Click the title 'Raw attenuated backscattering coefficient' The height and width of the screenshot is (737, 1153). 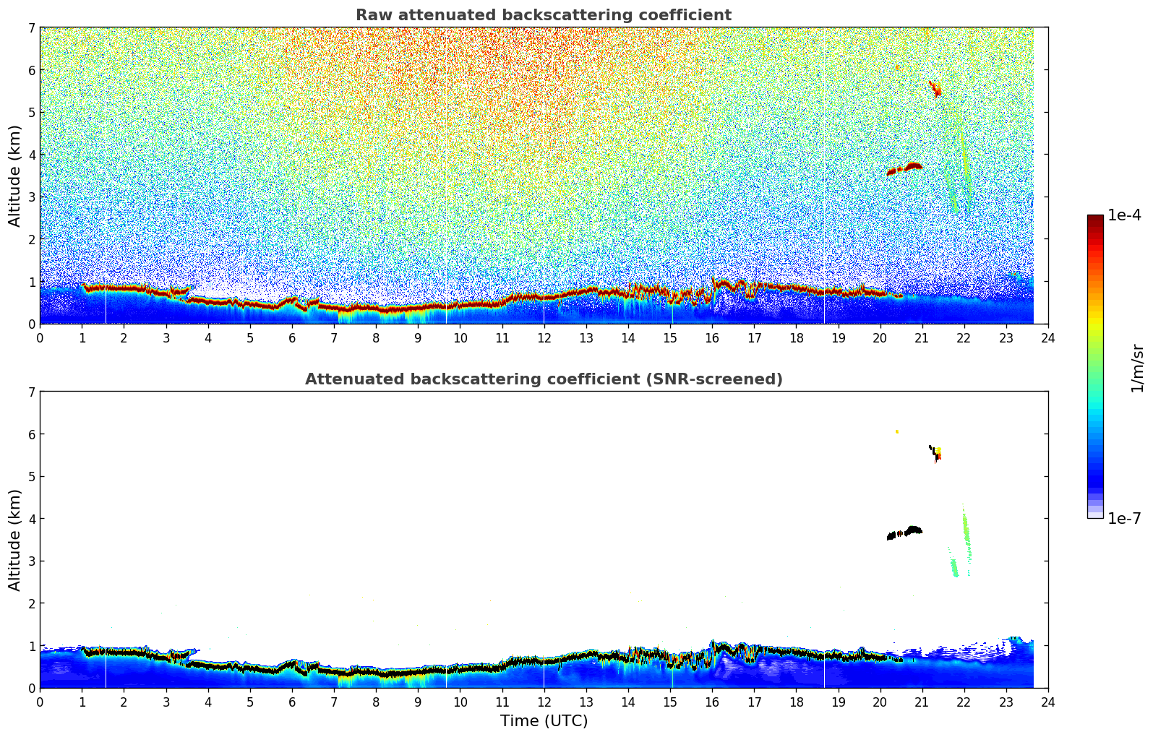click(x=543, y=15)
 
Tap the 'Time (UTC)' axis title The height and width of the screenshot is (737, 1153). click(x=544, y=721)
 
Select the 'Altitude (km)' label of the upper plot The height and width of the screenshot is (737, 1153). click(x=14, y=176)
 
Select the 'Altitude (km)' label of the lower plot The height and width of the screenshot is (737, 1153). click(x=14, y=540)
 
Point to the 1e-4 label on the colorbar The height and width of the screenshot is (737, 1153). click(x=1124, y=215)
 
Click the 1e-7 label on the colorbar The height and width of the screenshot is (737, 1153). click(x=1124, y=518)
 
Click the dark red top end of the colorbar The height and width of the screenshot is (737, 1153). click(x=1095, y=218)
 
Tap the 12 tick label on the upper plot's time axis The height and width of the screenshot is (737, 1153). click(x=544, y=337)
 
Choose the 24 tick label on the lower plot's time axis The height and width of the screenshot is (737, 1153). click(x=1047, y=702)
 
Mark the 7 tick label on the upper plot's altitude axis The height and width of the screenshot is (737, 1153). click(x=31, y=28)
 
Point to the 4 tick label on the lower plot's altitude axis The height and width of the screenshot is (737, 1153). click(x=31, y=519)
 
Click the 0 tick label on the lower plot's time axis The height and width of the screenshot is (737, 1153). click(x=40, y=702)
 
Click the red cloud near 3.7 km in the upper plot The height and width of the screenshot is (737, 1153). click(x=912, y=166)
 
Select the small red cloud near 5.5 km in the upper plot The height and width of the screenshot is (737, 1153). click(x=935, y=90)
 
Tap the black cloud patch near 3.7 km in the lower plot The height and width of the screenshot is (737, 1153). click(x=912, y=530)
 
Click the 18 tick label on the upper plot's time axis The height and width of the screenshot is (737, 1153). click(x=796, y=337)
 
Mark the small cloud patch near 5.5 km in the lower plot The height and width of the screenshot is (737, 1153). click(x=936, y=453)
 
